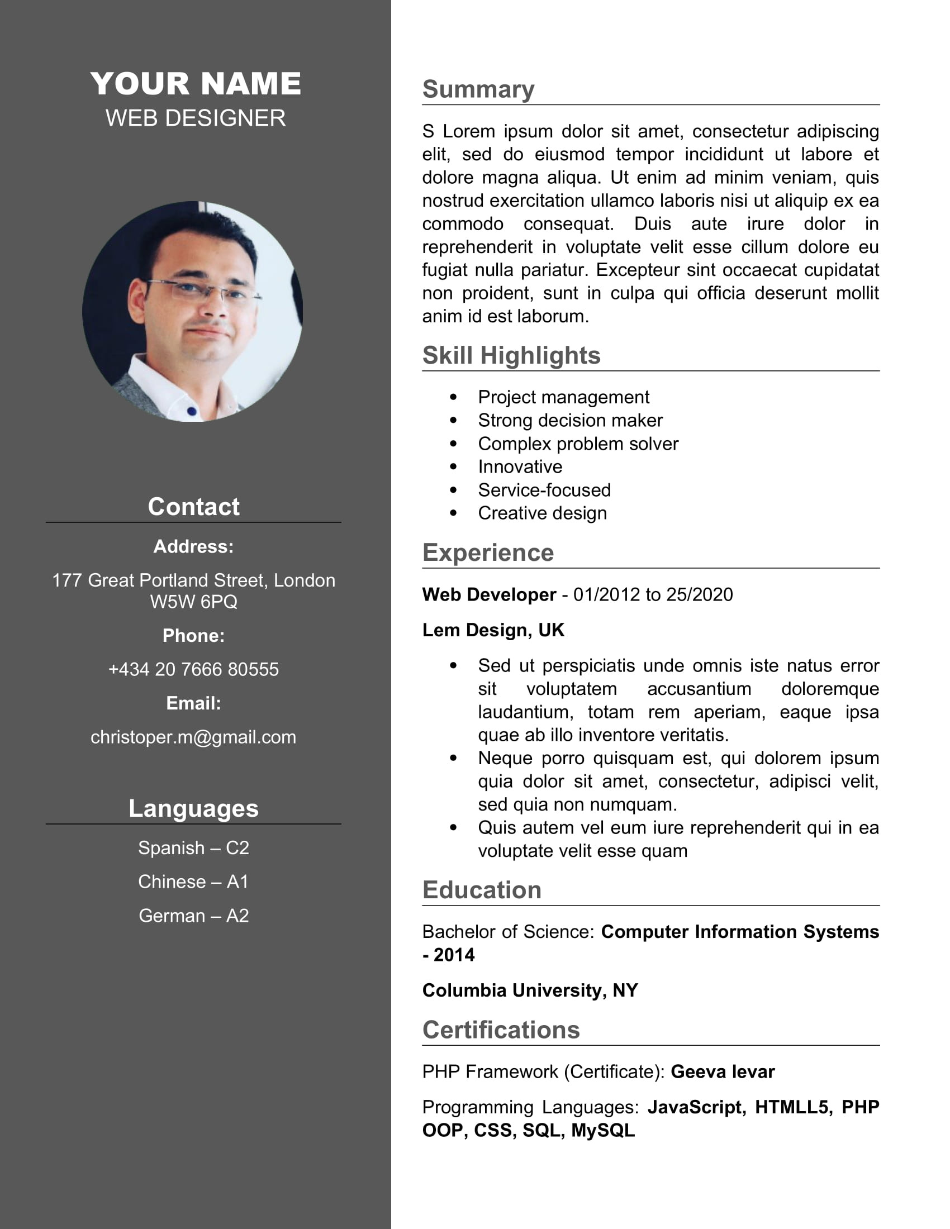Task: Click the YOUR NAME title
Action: [195, 84]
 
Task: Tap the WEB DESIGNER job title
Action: [195, 118]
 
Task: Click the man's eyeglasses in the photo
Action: [203, 290]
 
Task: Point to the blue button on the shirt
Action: [191, 411]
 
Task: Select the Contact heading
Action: [193, 507]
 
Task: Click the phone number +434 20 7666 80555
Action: [193, 669]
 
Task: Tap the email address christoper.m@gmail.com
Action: [193, 737]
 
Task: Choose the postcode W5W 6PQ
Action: [193, 602]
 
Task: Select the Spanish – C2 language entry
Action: [193, 847]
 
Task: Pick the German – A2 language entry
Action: [193, 916]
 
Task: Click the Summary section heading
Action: [478, 89]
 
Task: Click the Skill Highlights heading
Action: [511, 356]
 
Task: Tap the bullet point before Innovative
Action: [454, 466]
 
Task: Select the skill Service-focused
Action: [544, 490]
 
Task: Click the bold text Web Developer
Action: [489, 595]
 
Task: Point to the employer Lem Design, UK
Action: [493, 630]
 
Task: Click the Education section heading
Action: [482, 890]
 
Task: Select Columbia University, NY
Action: [530, 990]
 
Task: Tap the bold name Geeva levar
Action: [723, 1072]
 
